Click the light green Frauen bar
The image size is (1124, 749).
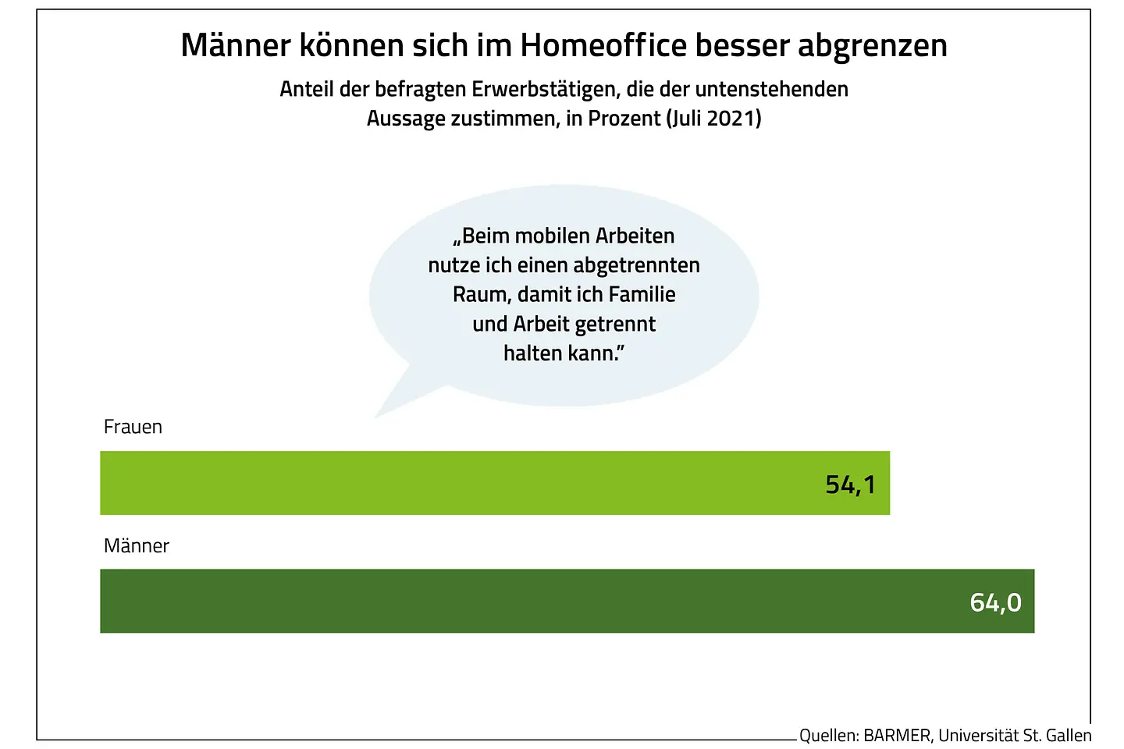pos(468,483)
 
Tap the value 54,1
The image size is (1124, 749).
pos(850,485)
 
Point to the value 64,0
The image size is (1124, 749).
pos(995,602)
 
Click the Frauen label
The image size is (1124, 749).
pos(133,427)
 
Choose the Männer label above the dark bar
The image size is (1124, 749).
pos(137,545)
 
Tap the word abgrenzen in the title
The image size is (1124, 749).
pos(872,47)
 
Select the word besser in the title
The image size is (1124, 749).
pos(742,45)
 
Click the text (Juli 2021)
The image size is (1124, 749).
pos(713,119)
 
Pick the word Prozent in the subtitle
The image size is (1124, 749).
pos(624,119)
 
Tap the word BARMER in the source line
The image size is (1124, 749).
pos(897,736)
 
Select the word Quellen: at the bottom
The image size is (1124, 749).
pos(829,736)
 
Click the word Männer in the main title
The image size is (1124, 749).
pos(236,45)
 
